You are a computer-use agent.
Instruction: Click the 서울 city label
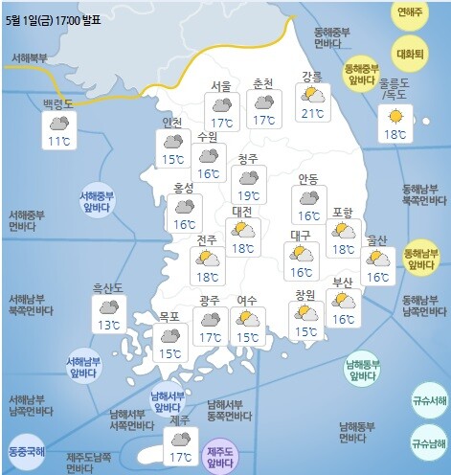(x=220, y=86)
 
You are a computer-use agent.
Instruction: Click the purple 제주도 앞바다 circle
(x=221, y=453)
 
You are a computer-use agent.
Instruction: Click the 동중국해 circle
(x=26, y=449)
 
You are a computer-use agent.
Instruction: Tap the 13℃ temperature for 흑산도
(x=108, y=326)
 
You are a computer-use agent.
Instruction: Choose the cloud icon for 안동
(x=308, y=198)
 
